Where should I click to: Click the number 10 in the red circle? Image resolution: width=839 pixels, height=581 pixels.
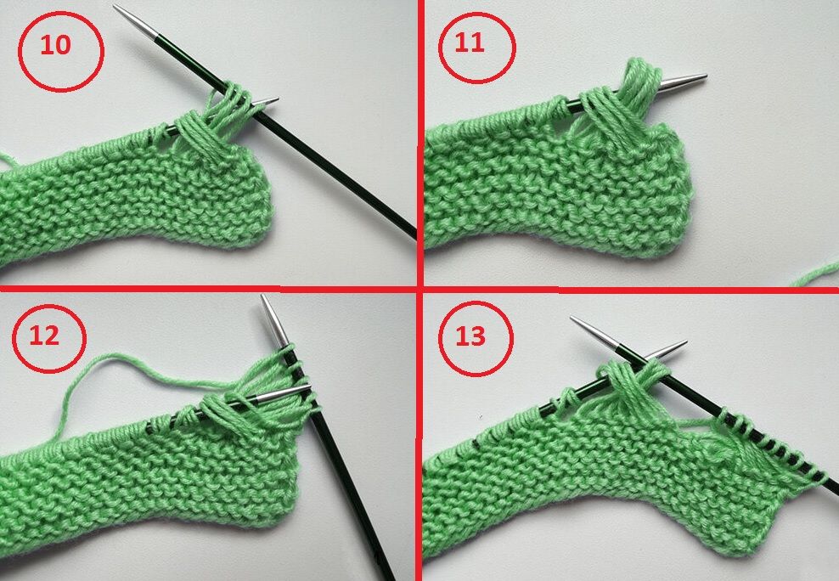56,45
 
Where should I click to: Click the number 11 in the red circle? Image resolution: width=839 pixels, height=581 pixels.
470,42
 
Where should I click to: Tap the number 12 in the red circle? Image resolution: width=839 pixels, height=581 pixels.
44,336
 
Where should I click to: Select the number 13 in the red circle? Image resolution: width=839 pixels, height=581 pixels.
470,336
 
